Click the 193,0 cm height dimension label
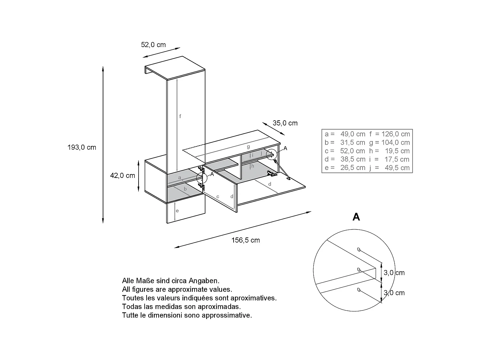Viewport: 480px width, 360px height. [82, 148]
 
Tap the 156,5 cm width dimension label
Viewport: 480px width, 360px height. [246, 240]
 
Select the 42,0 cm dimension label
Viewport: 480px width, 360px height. [123, 176]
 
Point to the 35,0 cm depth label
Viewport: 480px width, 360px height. [285, 123]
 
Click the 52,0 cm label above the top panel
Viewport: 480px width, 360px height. [153, 45]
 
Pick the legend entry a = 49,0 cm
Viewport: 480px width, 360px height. [345, 134]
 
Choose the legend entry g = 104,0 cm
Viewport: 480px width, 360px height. [389, 142]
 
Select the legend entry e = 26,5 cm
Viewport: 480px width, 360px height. [345, 168]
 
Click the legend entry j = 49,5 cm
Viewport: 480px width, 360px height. [389, 168]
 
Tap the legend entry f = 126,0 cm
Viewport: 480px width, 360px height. [389, 134]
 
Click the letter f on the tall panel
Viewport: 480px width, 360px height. [180, 116]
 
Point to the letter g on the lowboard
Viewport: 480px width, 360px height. [248, 147]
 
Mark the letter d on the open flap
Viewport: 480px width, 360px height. [270, 184]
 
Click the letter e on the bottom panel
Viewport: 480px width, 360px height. [177, 211]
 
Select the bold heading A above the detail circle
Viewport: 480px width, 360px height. [356, 217]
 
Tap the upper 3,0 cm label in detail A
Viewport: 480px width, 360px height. [394, 273]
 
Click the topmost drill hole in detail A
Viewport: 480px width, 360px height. [358, 249]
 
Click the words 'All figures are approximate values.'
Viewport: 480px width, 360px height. [177, 289]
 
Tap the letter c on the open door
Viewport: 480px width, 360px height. [218, 196]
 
